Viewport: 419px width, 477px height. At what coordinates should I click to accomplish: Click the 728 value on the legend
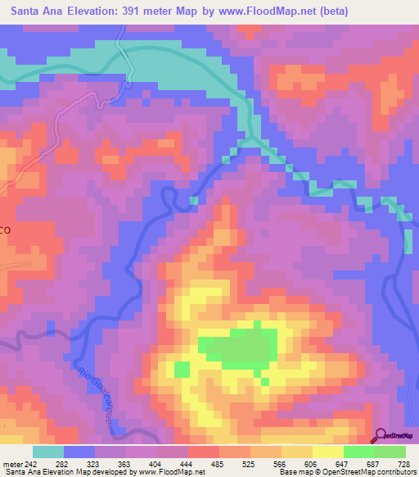[401, 465]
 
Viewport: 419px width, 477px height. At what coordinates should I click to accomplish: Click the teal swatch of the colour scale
[48, 452]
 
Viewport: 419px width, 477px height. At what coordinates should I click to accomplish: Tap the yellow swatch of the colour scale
[327, 452]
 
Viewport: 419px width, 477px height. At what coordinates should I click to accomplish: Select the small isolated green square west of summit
[182, 369]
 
